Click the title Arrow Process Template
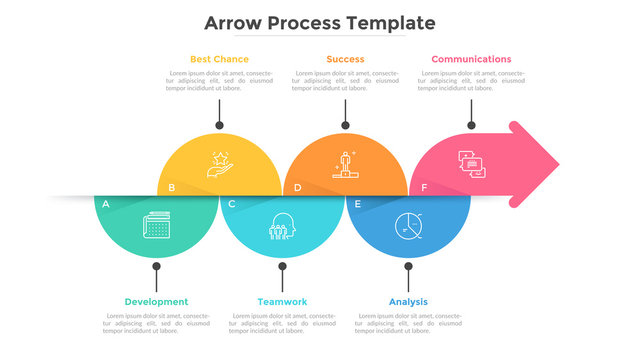pyautogui.click(x=320, y=22)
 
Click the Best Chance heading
pyautogui.click(x=219, y=59)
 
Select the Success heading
pyautogui.click(x=345, y=59)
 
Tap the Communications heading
pyautogui.click(x=471, y=59)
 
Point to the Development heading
pyautogui.click(x=156, y=301)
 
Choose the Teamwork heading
pyautogui.click(x=282, y=301)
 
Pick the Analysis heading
pyautogui.click(x=408, y=301)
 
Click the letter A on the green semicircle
pyautogui.click(x=105, y=204)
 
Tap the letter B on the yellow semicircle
pyautogui.click(x=172, y=187)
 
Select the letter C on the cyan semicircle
pyautogui.click(x=231, y=204)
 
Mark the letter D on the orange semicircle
pyautogui.click(x=297, y=187)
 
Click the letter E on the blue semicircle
pyautogui.click(x=357, y=204)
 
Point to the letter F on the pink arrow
pyautogui.click(x=423, y=187)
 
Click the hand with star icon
pyautogui.click(x=219, y=163)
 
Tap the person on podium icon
pyautogui.click(x=346, y=163)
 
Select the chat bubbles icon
pyautogui.click(x=472, y=164)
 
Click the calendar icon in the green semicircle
pyautogui.click(x=157, y=225)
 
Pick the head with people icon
pyautogui.click(x=283, y=226)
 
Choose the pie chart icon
pyautogui.click(x=408, y=226)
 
